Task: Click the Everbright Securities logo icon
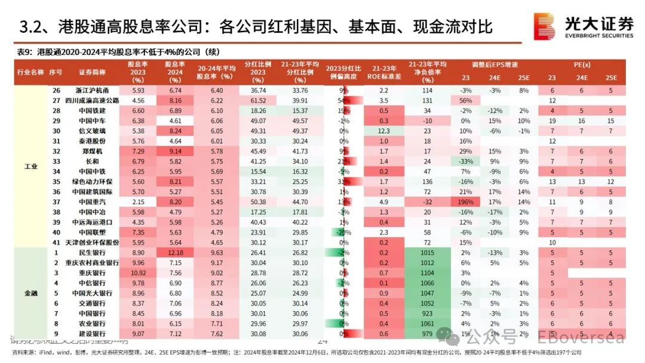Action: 544,27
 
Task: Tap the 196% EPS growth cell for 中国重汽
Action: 466,202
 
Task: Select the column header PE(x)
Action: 582,64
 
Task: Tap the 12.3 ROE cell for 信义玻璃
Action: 384,131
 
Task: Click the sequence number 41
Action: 56,243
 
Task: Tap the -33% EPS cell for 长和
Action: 466,162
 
